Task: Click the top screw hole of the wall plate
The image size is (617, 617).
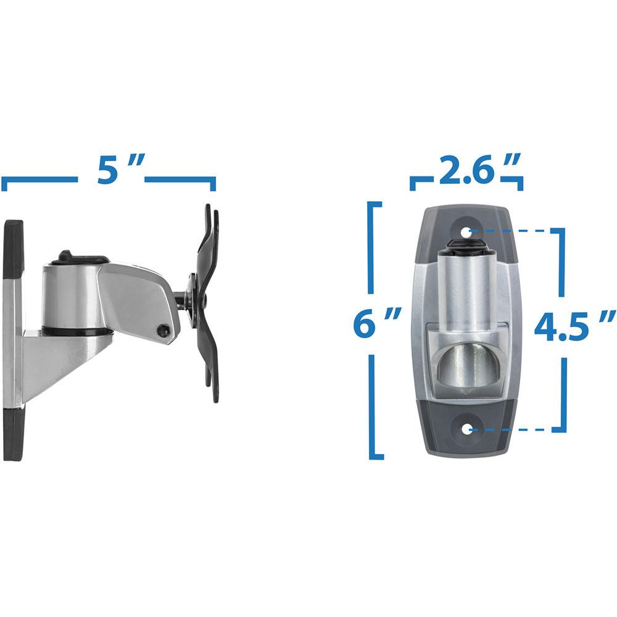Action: click(x=466, y=232)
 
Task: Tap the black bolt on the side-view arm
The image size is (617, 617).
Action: click(x=164, y=331)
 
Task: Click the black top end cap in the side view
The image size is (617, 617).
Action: click(x=13, y=247)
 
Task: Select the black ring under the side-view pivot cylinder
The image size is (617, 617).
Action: click(x=77, y=331)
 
